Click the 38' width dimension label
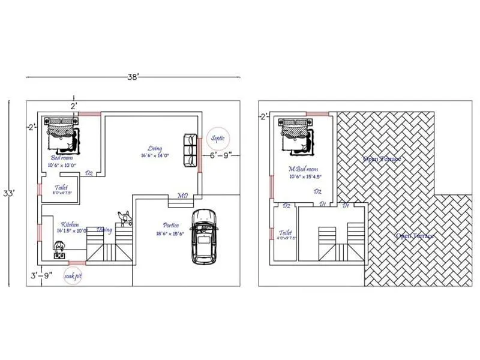tap(133, 77)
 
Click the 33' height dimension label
tap(11, 193)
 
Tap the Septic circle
tap(218, 139)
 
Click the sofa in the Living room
tap(190, 151)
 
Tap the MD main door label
tap(182, 196)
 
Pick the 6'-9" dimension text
tap(221, 155)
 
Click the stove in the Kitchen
tap(61, 250)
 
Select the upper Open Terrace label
tap(382, 159)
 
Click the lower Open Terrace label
tap(415, 236)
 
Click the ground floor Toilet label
tap(61, 187)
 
